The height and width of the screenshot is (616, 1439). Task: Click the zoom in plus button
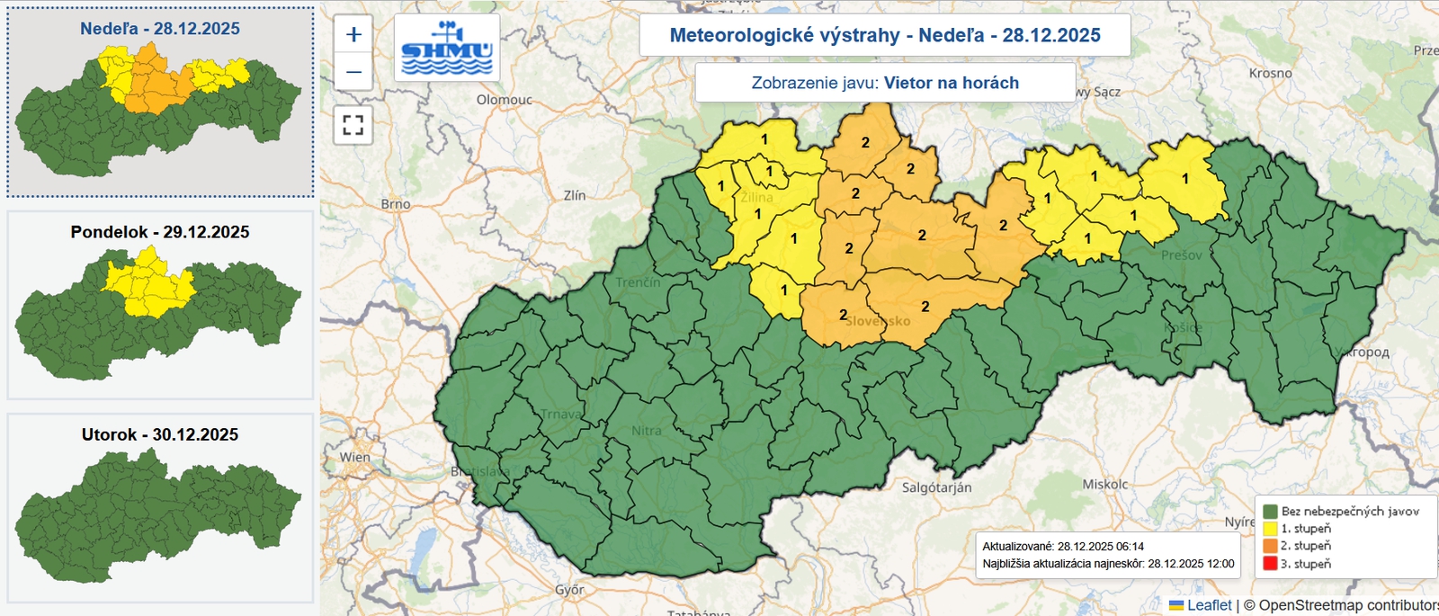353,34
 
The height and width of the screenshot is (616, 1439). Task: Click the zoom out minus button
353,71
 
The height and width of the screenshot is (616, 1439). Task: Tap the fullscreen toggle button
353,124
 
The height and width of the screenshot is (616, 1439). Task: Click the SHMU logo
447,49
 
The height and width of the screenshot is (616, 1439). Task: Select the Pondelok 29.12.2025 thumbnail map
160,305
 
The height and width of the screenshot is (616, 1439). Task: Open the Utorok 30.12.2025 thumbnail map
160,507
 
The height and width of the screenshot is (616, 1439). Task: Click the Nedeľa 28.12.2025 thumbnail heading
160,29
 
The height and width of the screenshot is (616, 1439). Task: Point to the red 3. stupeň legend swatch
1270,564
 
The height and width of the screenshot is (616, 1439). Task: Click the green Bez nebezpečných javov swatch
1270,511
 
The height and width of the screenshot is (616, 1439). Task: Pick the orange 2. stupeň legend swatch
1270,546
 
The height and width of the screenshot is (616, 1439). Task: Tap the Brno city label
396,204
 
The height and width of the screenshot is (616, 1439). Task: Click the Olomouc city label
504,100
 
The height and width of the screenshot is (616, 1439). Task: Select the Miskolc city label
1104,484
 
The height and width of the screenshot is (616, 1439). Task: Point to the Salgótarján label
936,487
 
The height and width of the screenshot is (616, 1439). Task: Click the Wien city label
354,457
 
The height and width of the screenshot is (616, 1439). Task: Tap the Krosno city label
1270,73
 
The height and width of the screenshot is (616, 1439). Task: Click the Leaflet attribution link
1209,605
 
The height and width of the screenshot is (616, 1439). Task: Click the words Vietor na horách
952,83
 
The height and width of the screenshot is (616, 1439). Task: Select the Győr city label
569,590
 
